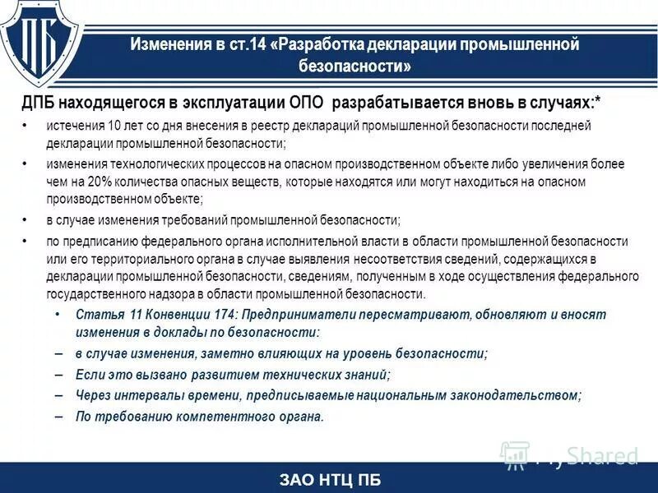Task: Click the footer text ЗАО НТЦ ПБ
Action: tap(330, 480)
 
